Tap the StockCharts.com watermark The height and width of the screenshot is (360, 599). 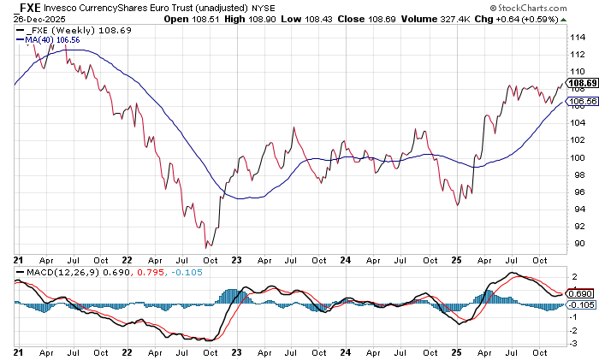point(549,18)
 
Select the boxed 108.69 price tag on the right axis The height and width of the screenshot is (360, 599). point(582,83)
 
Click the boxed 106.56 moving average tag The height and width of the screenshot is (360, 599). point(582,101)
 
